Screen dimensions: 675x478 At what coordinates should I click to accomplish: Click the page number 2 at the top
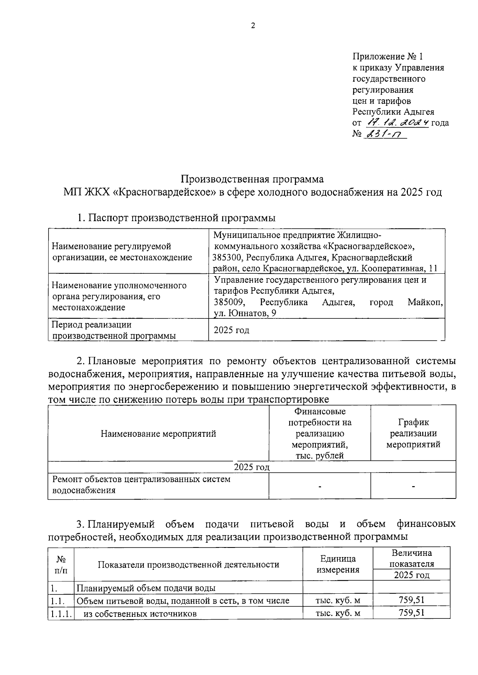[x=253, y=26]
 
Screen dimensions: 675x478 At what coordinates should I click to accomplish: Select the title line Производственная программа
[x=253, y=178]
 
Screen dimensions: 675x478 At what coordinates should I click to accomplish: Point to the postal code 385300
[x=227, y=257]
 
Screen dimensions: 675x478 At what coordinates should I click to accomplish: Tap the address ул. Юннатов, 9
[x=245, y=313]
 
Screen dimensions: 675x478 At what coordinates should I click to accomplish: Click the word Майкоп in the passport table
[x=425, y=302]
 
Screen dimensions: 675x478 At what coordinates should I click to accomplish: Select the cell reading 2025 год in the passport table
[x=231, y=330]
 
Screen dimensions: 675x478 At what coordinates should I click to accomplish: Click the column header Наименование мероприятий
[x=158, y=434]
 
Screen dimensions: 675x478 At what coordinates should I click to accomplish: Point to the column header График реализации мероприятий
[x=413, y=433]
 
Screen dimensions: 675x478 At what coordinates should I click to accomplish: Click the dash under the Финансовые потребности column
[x=319, y=486]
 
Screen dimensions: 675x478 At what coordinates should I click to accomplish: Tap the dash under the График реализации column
[x=413, y=486]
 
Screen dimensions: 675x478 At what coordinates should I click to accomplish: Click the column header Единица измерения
[x=337, y=564]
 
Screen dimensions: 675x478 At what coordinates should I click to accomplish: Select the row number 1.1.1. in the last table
[x=61, y=614]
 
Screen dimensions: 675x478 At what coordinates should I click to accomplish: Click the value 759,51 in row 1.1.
[x=411, y=600]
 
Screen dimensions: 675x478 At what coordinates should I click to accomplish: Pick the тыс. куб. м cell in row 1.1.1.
[x=337, y=613]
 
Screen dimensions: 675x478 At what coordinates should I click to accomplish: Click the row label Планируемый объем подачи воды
[x=146, y=588]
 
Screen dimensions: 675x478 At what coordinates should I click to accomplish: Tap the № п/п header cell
[x=61, y=564]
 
